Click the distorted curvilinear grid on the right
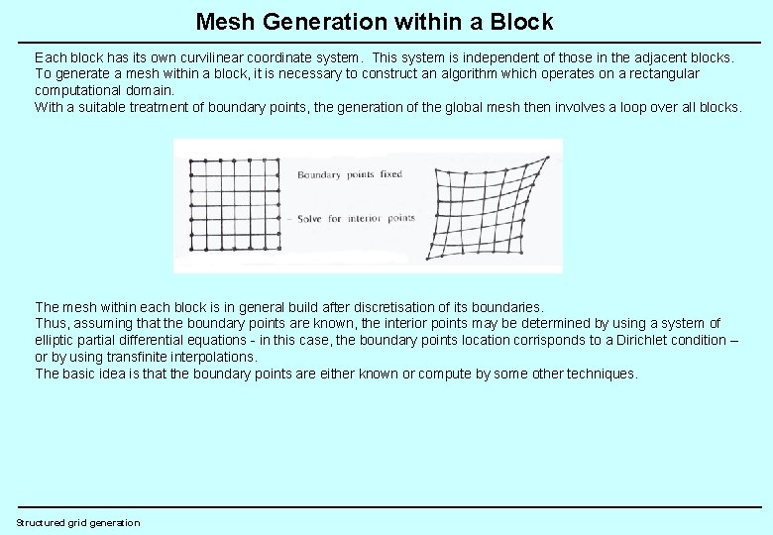[487, 207]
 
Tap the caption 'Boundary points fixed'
[350, 175]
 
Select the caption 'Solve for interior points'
[356, 218]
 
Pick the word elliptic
[55, 340]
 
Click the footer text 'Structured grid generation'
[78, 522]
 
